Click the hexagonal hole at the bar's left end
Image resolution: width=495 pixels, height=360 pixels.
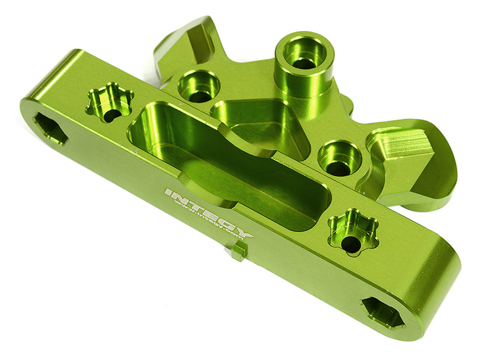coord(50,129)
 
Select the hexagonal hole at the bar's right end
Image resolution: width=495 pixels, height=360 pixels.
coord(382,312)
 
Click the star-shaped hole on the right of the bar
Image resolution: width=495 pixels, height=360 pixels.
coord(353,232)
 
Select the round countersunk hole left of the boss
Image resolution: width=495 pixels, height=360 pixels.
coord(199,86)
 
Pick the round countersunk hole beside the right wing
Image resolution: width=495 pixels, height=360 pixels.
coord(340,158)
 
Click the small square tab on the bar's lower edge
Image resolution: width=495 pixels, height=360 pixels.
coord(240,251)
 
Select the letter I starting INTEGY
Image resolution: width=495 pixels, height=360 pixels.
coord(168,193)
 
